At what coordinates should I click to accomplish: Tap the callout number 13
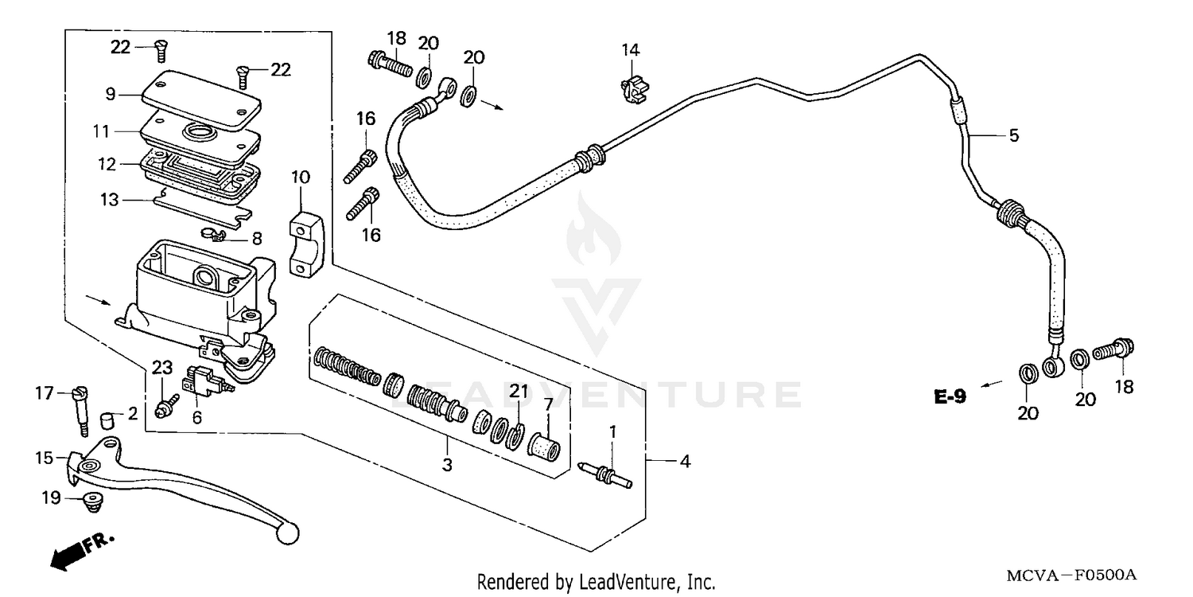tap(110, 199)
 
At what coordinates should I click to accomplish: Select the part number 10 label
tap(301, 176)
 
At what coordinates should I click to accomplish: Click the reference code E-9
tap(950, 396)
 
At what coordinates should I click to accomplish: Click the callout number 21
tap(519, 391)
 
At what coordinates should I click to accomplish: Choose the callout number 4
tap(682, 460)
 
